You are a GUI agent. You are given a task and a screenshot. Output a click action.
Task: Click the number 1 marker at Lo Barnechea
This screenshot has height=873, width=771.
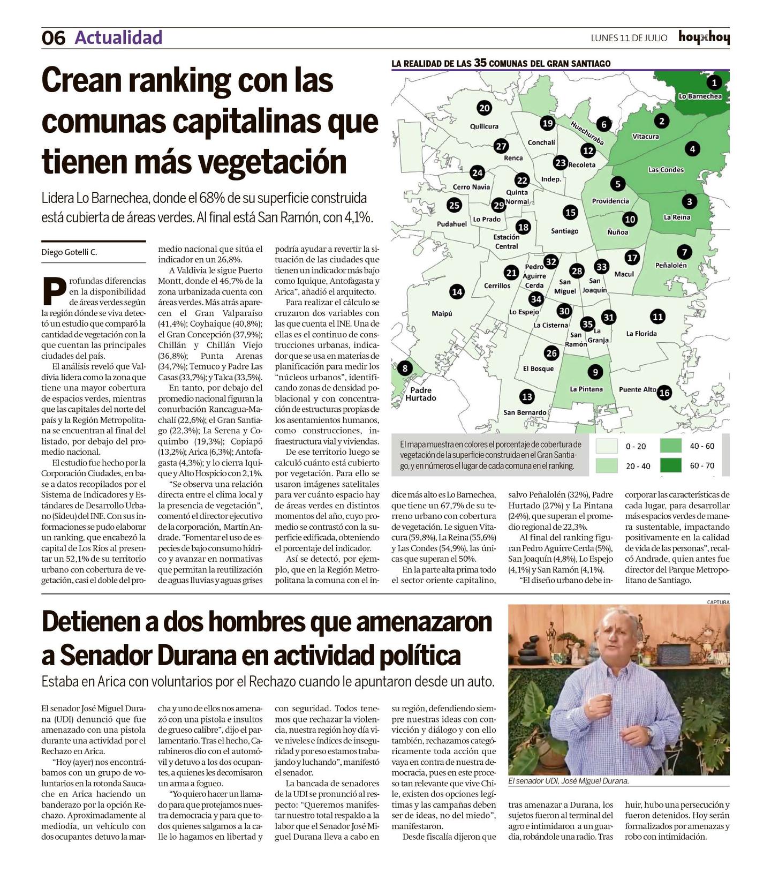(x=714, y=82)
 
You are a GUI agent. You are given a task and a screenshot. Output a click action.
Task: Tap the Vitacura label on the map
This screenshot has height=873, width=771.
(x=645, y=137)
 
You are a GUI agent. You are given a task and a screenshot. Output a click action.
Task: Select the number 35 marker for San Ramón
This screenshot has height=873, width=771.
(x=587, y=323)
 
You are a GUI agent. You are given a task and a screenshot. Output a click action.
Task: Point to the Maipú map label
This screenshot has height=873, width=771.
(x=442, y=314)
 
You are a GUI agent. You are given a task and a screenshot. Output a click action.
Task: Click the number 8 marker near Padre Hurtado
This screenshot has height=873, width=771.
(x=405, y=368)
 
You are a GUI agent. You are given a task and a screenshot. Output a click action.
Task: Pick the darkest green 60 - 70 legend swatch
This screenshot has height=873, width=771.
(x=670, y=465)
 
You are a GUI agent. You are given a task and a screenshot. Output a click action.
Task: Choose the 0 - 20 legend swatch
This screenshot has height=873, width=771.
(x=607, y=446)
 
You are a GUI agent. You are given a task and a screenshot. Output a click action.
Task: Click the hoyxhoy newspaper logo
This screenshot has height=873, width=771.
(x=704, y=37)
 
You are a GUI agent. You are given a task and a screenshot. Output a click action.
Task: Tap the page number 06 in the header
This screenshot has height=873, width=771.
(x=53, y=38)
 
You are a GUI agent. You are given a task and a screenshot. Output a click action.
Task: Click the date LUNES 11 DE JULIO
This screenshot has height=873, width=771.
(x=629, y=38)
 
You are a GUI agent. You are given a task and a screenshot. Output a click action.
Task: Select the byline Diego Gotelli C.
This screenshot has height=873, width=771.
(x=69, y=252)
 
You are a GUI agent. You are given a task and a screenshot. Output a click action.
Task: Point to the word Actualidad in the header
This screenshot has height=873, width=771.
(x=118, y=37)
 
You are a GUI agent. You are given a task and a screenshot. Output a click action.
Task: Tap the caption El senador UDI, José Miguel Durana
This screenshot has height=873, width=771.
(x=568, y=781)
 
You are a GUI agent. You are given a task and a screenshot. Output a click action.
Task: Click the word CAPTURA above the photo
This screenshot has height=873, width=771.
(x=717, y=602)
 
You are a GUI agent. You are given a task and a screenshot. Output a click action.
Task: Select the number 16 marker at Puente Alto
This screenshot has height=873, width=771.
(x=664, y=393)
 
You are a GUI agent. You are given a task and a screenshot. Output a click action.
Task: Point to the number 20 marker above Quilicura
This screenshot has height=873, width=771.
(x=484, y=108)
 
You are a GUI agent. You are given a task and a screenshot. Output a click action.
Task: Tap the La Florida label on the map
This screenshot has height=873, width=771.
(x=641, y=334)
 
